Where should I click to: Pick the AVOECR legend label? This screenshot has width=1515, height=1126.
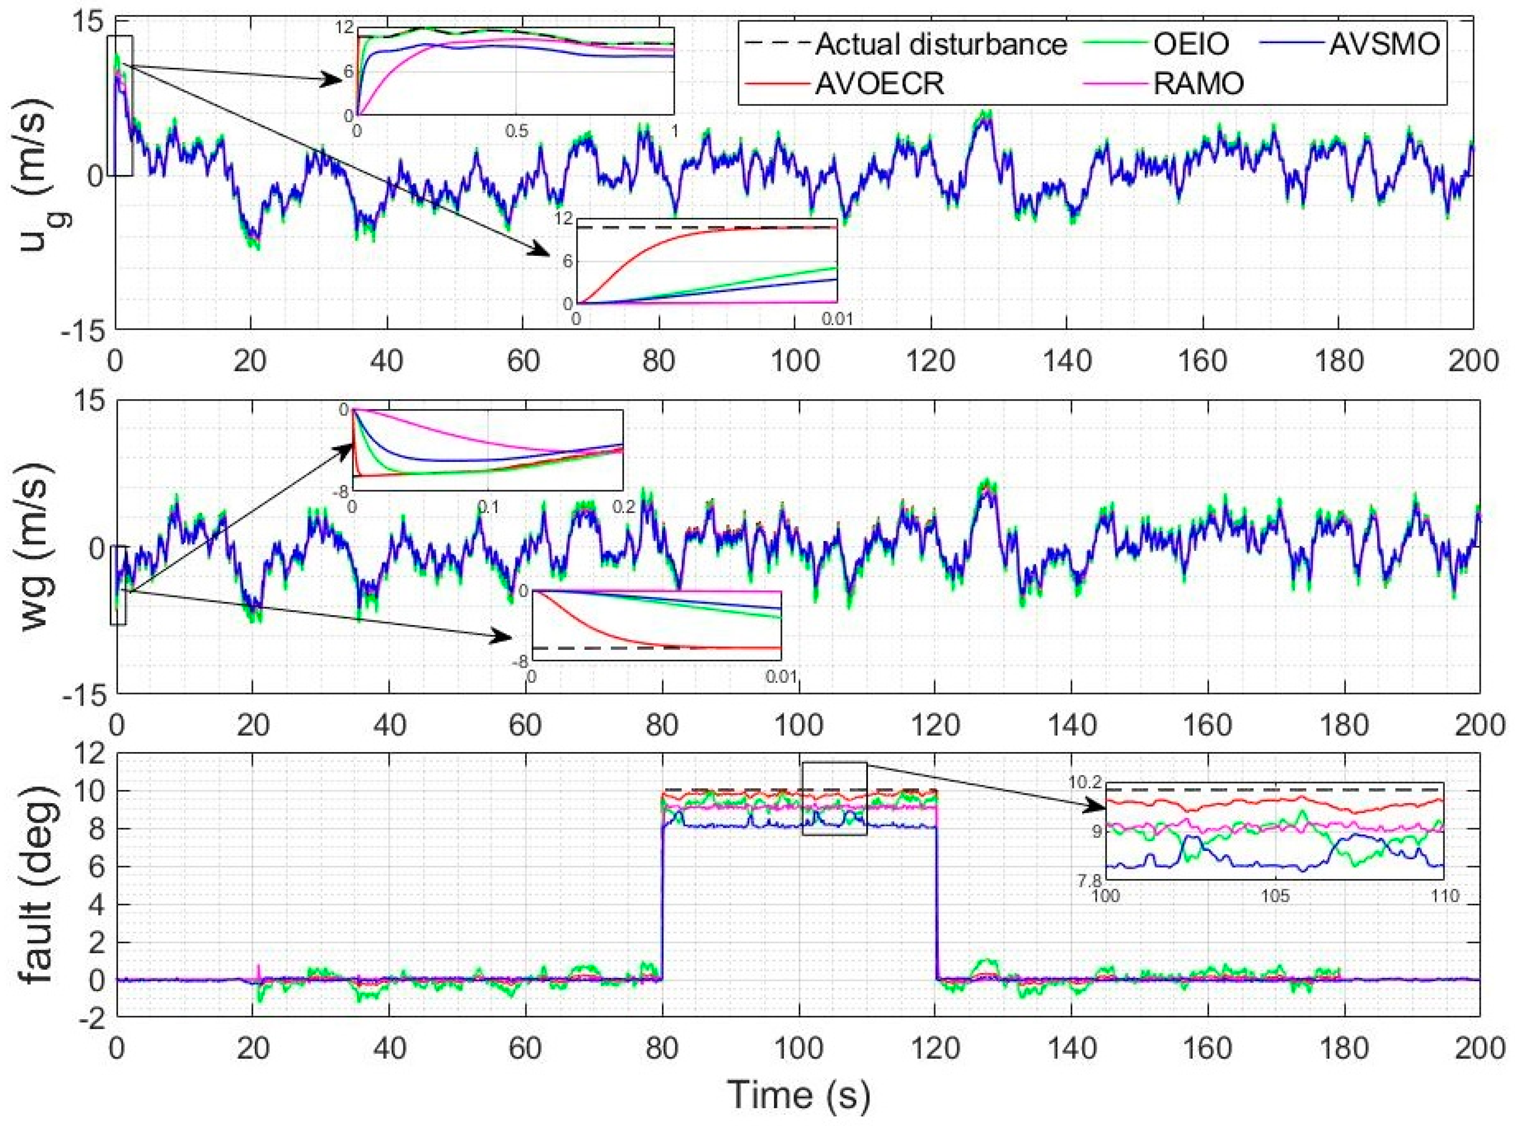click(x=879, y=84)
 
